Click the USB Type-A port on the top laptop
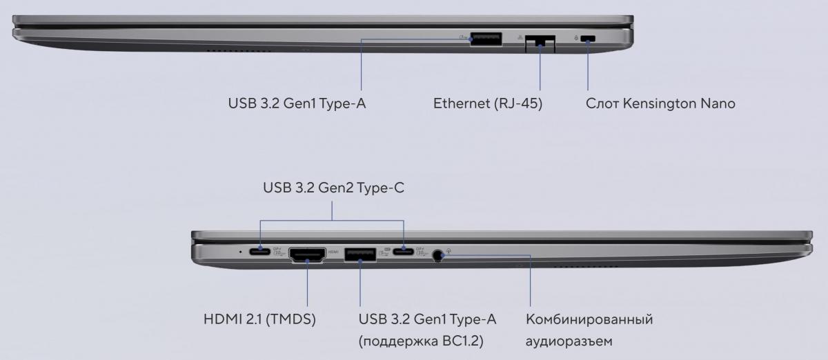coord(486,39)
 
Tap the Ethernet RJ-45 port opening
coord(540,44)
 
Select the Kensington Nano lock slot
coord(588,39)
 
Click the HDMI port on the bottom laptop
coord(307,255)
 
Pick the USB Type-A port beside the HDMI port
coord(360,254)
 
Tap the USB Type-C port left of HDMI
coord(260,252)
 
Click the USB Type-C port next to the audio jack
coord(403,252)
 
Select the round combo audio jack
coord(437,255)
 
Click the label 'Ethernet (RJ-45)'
coord(488,103)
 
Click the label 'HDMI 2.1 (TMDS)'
coord(260,319)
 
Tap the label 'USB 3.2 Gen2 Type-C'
coord(334,188)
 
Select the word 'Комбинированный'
coord(589,319)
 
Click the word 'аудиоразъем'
coord(569,341)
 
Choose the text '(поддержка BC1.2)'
coord(421,341)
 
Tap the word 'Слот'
coord(602,104)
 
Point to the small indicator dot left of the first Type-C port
coord(241,252)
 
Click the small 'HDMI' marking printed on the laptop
coord(333,252)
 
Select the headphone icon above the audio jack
coord(448,250)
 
